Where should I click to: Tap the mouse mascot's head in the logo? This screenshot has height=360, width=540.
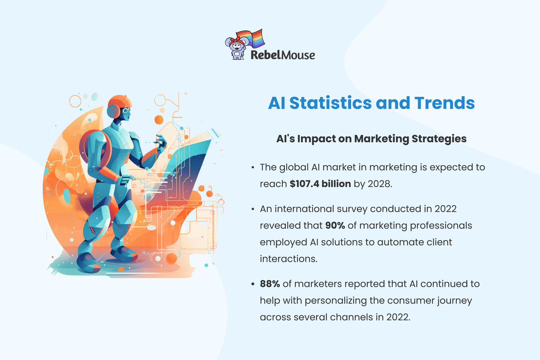pos(235,44)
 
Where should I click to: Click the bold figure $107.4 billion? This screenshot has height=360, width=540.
pos(320,184)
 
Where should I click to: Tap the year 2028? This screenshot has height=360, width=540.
pos(380,184)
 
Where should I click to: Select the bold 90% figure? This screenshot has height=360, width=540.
pos(334,225)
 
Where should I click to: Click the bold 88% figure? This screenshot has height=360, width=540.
pos(269,284)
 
